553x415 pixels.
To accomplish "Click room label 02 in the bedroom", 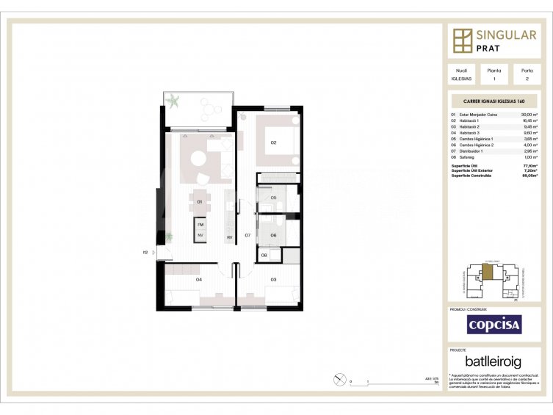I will [x=273, y=142].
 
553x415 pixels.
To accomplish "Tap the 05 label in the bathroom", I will [x=272, y=198].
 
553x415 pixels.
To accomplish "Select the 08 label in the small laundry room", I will [x=264, y=255].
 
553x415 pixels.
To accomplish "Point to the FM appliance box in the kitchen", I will [x=200, y=223].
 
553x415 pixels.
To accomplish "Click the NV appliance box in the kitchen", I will [x=200, y=235].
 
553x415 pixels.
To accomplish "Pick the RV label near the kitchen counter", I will [x=230, y=237].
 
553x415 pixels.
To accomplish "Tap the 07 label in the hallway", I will [x=248, y=235].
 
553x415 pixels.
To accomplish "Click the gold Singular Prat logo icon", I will [x=463, y=41].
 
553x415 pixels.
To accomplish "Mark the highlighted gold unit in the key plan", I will [x=488, y=271].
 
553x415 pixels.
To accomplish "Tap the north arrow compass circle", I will [x=339, y=379].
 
